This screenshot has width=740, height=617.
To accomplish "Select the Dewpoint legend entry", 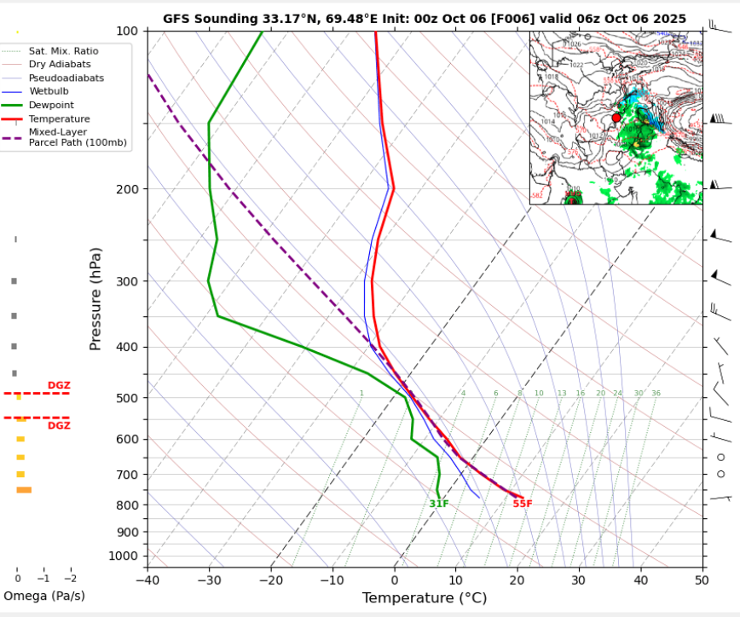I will (x=51, y=105).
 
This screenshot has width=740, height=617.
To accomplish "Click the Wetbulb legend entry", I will (x=49, y=91).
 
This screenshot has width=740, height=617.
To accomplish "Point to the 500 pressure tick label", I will (x=126, y=398).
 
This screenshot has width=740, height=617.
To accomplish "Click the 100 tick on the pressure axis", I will (x=126, y=32).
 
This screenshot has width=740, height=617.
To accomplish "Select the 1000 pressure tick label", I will (x=123, y=556).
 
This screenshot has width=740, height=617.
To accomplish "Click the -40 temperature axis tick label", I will (x=147, y=580).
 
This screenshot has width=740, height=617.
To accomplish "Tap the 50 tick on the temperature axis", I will (x=701, y=580).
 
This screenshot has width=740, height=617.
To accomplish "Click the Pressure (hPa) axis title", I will (x=95, y=298).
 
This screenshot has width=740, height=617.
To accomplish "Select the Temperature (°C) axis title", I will (x=423, y=598).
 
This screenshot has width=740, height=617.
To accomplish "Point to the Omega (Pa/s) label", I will (x=44, y=596).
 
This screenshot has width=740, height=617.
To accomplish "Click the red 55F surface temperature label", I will (x=523, y=504).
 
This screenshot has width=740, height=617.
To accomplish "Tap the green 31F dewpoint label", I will (x=439, y=504).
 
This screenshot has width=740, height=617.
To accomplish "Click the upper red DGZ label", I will (x=59, y=386).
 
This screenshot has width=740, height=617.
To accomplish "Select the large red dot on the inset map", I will (x=616, y=118).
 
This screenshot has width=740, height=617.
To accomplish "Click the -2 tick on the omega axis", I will (x=70, y=578).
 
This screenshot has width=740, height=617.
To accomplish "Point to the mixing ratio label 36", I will (x=656, y=393).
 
